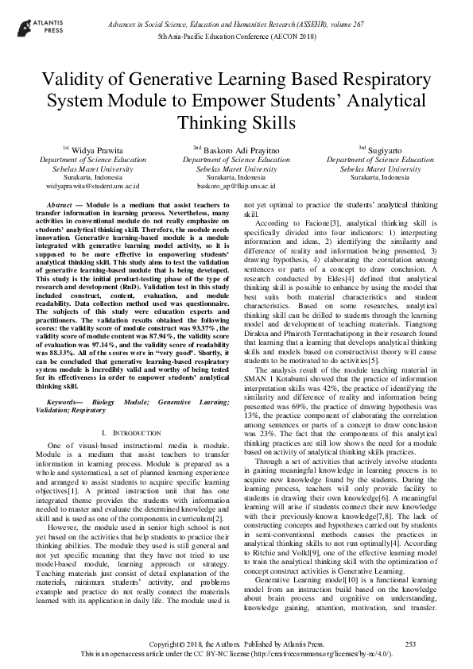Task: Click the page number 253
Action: (411, 643)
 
